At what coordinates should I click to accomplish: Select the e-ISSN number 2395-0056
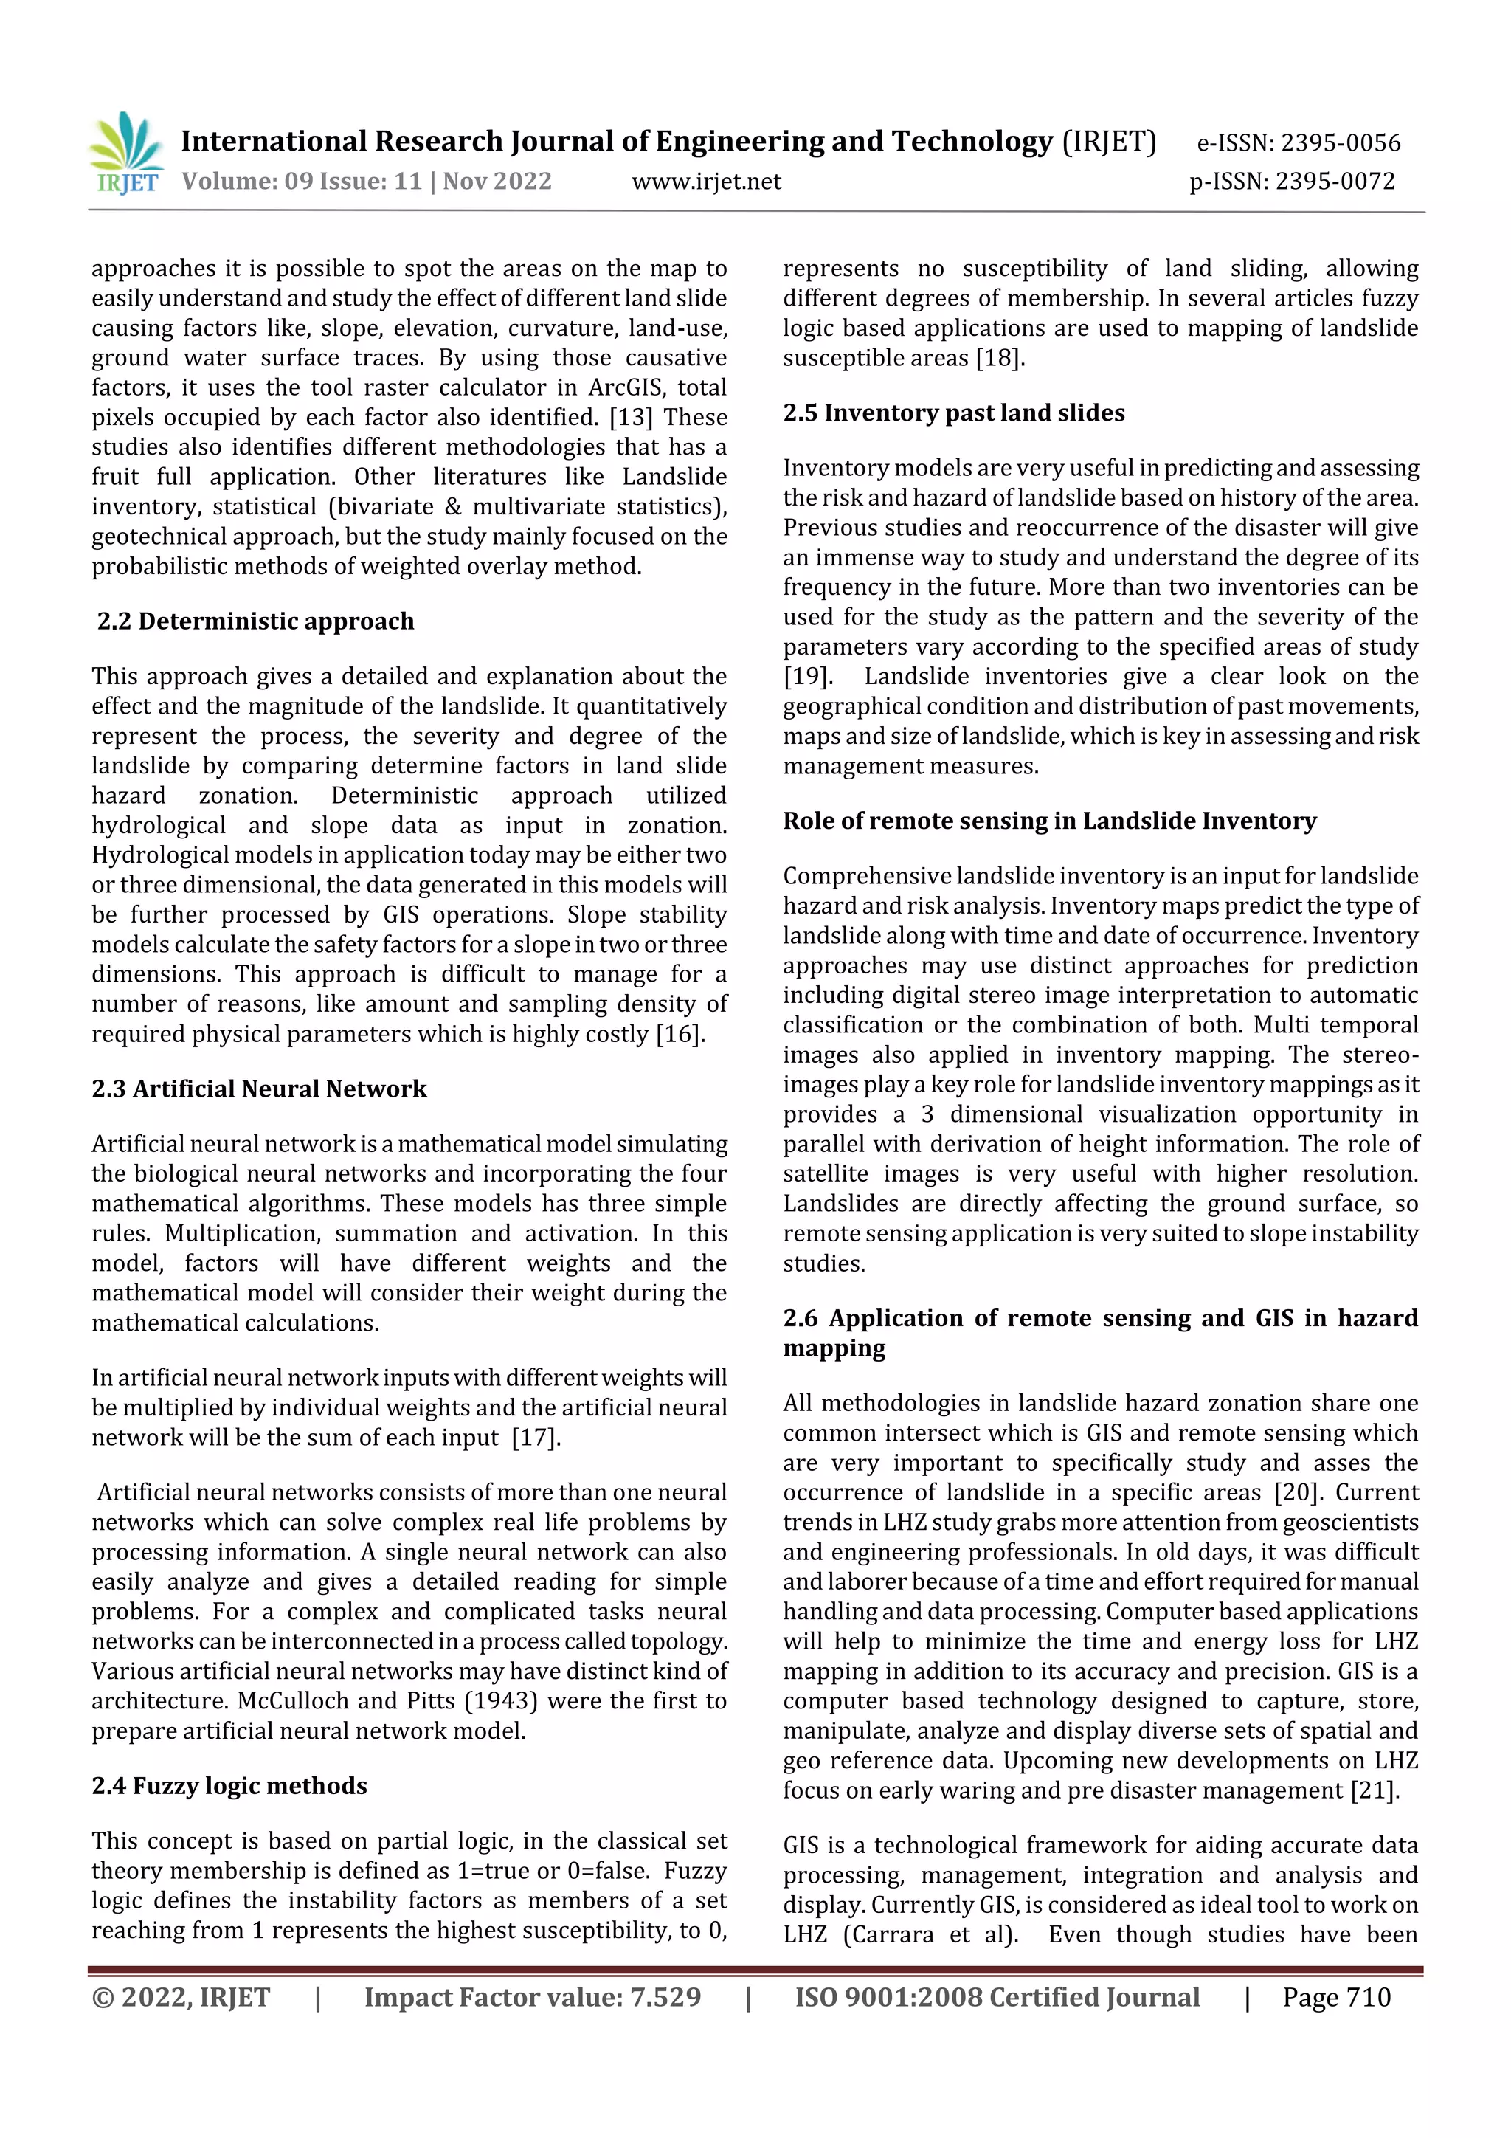[1340, 143]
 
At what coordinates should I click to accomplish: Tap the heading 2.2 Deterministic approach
[255, 621]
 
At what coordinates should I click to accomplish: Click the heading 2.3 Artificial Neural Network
[259, 1089]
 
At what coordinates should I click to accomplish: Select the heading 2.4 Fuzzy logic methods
[229, 1785]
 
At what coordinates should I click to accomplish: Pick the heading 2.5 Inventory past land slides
[953, 413]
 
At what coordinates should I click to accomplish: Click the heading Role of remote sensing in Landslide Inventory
[1049, 821]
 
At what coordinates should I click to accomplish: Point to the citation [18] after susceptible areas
[999, 358]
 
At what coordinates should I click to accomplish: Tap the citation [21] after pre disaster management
[1373, 1790]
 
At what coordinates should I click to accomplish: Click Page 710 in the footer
[1335, 1997]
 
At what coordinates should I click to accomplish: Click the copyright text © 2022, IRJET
[181, 1997]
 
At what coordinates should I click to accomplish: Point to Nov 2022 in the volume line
[497, 182]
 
